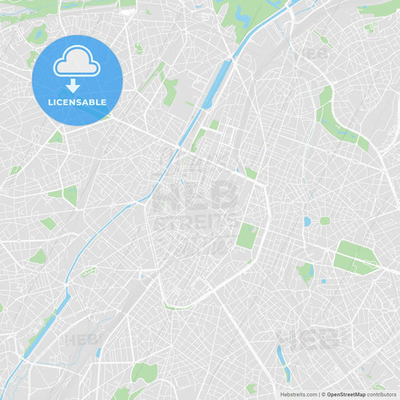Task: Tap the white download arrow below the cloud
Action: (x=73, y=86)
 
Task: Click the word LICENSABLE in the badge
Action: (x=77, y=102)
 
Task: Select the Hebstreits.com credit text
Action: (x=299, y=394)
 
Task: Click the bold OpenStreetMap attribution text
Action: (x=346, y=394)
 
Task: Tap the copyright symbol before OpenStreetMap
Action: (x=323, y=394)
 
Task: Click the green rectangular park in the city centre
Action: (x=246, y=236)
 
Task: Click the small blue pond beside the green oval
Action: (x=307, y=221)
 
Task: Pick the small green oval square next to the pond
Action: (x=324, y=221)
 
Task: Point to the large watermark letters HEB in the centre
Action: (x=195, y=197)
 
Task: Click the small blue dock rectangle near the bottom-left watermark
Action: (x=98, y=351)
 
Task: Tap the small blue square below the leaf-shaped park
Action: (x=323, y=281)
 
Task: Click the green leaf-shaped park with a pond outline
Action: (x=305, y=271)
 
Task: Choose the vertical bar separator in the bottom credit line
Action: (x=319, y=394)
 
